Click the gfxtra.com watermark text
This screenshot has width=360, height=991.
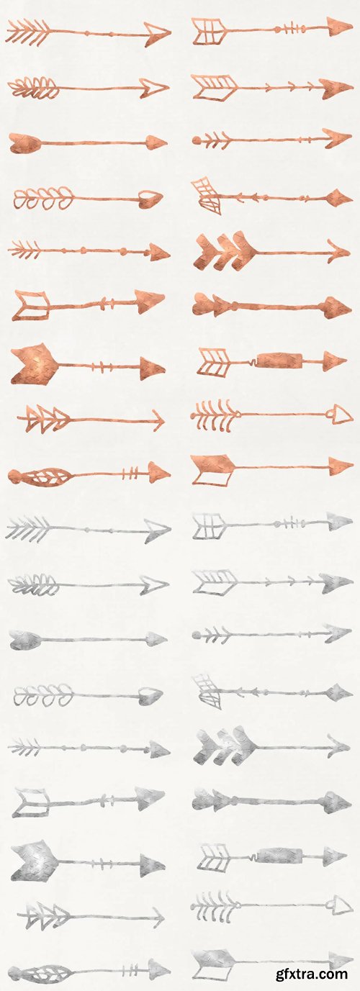311,974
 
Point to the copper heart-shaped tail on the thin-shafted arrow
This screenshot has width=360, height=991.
24,142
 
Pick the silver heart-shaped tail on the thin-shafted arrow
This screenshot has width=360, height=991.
24,638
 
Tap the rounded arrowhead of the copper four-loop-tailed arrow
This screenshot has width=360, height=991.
150,198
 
